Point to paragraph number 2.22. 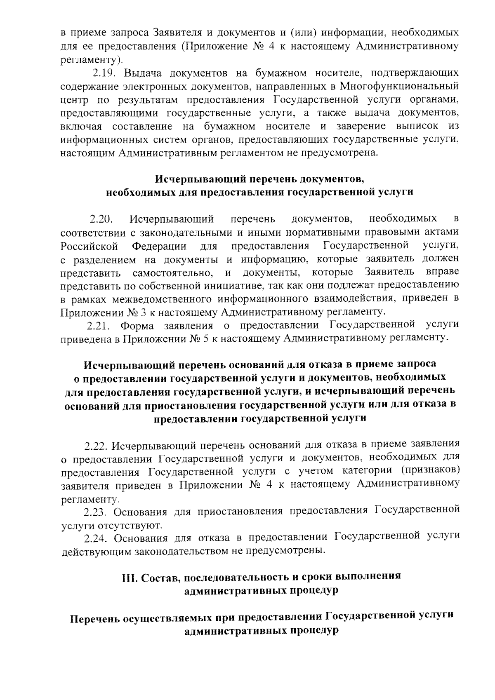click(x=96, y=446)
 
